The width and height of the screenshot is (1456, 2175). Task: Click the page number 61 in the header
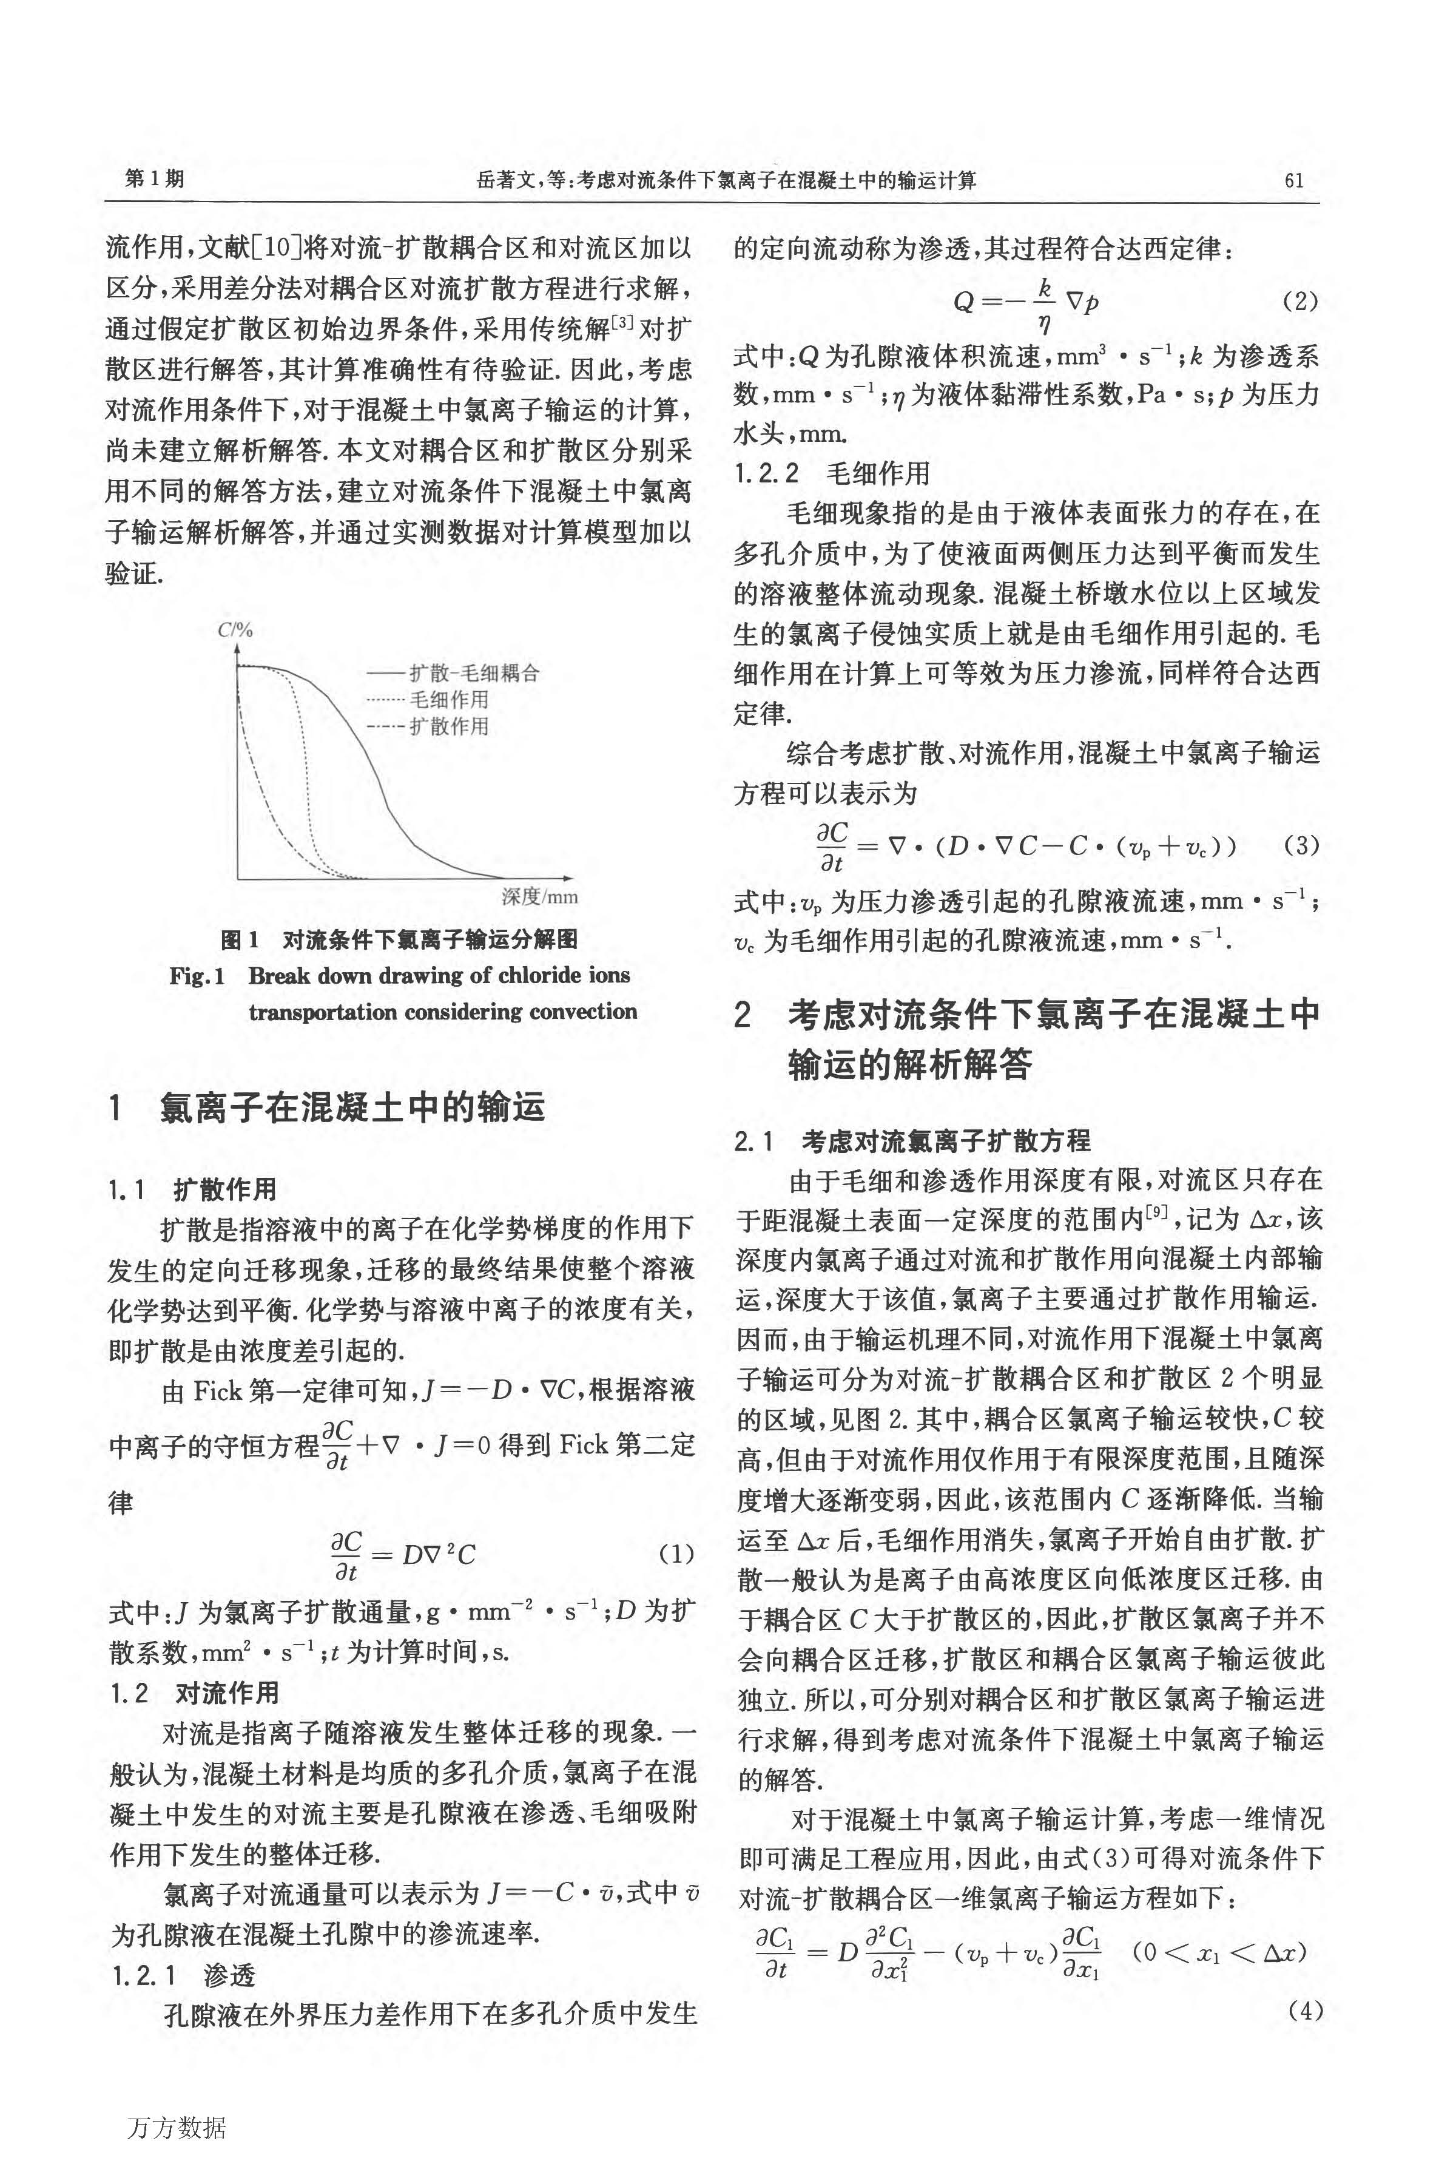tap(1293, 180)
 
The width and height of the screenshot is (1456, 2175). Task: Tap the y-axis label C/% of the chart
tap(235, 631)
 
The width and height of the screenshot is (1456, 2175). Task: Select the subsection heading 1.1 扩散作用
tap(192, 1189)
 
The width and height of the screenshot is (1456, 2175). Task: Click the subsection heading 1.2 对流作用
tap(194, 1693)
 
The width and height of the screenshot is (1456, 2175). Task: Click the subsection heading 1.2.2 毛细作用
tap(831, 473)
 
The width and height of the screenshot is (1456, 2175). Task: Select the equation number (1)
tap(675, 1554)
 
